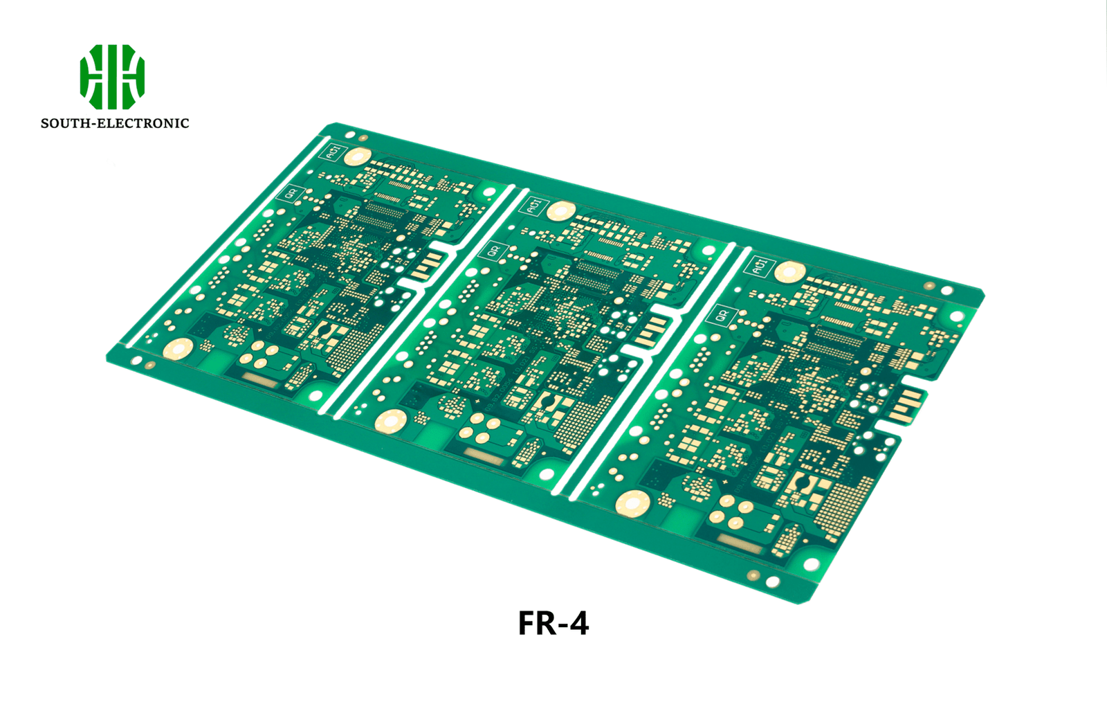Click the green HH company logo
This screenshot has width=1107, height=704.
[x=112, y=77]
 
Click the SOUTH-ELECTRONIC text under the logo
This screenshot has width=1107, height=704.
[x=115, y=123]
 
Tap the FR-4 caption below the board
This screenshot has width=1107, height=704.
[x=553, y=623]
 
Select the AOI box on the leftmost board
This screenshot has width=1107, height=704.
[x=333, y=152]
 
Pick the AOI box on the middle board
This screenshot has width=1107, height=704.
[x=534, y=206]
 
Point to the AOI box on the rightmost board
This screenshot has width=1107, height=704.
[x=760, y=266]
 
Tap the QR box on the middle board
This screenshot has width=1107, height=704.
[x=493, y=251]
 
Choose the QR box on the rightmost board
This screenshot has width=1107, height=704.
[x=721, y=316]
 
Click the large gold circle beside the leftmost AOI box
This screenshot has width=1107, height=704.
[x=358, y=156]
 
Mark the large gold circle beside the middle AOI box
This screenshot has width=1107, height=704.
[x=561, y=211]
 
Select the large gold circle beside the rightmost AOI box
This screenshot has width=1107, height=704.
[x=789, y=271]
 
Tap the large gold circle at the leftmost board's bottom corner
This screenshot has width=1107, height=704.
[x=179, y=349]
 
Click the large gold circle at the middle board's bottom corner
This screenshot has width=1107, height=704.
[x=391, y=420]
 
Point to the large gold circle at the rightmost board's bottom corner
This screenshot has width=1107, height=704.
[x=632, y=503]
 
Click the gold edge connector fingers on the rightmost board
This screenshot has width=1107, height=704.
[x=907, y=405]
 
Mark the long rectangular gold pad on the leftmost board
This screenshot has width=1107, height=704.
[x=261, y=379]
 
